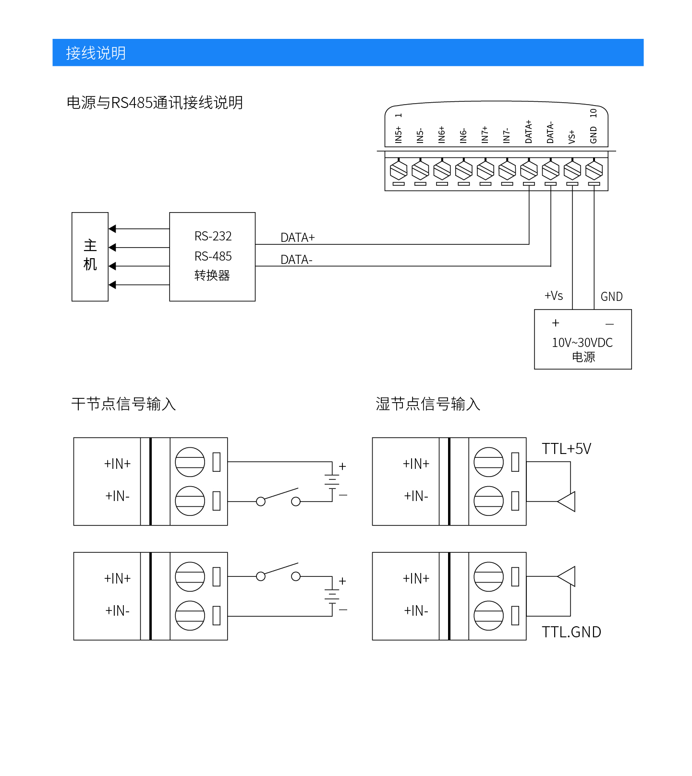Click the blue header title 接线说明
pos(96,53)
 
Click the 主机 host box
pos(90,256)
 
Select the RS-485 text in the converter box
pos(213,256)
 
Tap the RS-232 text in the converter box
pos(213,236)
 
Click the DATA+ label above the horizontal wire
pos(297,238)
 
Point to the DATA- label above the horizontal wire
pos(296,260)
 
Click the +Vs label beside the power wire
pos(554,296)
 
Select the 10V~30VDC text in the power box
pos(582,343)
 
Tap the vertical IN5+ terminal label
pos(399,135)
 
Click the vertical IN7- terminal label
pos(507,136)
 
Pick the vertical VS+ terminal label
pos(572,137)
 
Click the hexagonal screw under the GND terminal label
pos(594,170)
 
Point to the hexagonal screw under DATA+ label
pos(529,170)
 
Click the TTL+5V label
pos(566,449)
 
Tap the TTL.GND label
pos(571,632)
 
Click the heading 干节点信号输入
pos(123,404)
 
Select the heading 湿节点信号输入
pos(428,404)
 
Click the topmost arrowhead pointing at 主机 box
pos(113,229)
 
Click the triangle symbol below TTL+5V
pos(567,501)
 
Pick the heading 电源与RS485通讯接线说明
pos(155,103)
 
